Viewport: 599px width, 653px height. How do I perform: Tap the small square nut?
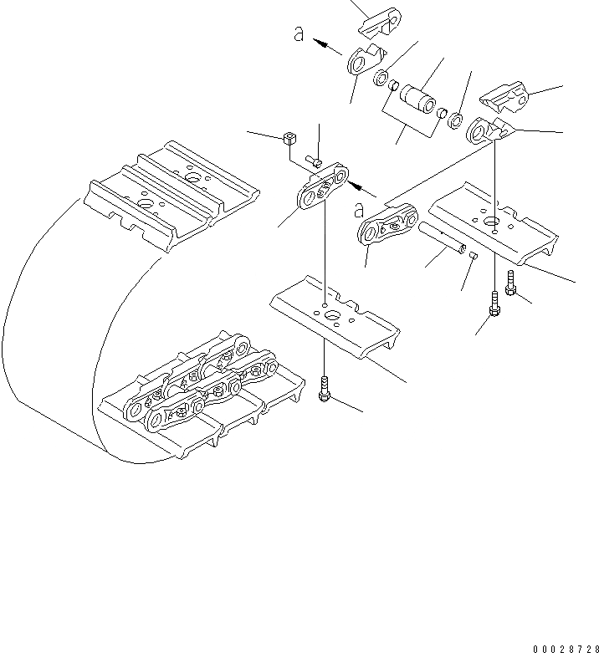point(290,138)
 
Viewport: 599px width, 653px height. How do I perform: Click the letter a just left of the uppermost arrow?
point(298,35)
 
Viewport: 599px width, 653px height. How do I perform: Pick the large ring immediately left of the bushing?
point(381,79)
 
